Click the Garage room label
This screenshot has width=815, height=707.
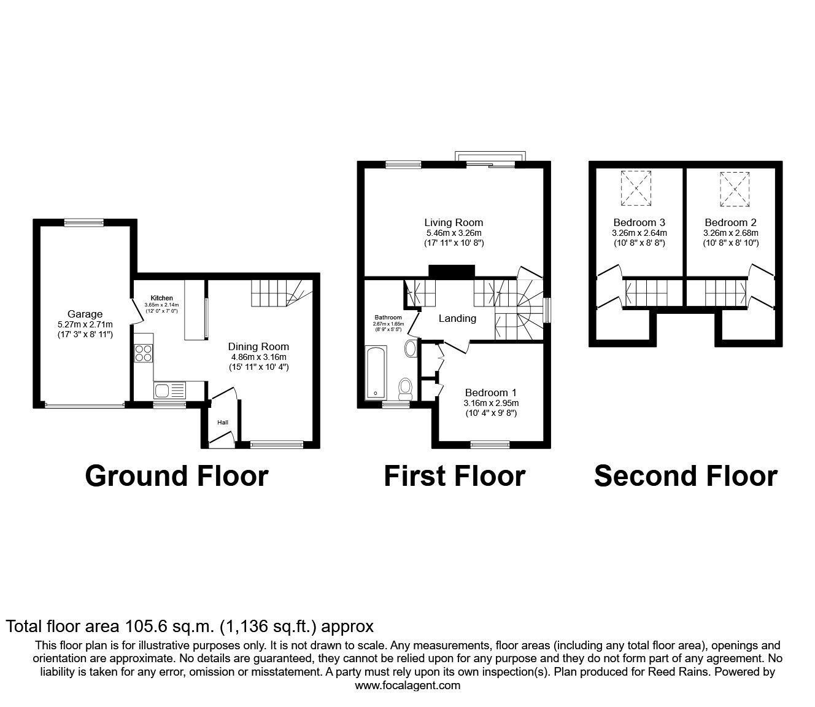point(85,314)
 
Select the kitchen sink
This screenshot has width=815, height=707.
point(163,390)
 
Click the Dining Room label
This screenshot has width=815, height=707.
point(258,346)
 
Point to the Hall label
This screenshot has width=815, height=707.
point(222,423)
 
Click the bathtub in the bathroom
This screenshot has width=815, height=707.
point(375,373)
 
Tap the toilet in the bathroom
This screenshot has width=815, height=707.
point(405,388)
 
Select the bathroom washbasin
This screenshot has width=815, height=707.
point(410,349)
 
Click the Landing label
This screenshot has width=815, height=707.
point(457,318)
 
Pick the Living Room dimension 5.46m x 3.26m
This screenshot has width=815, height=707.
point(454,233)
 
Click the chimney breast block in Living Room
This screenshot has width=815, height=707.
point(452,271)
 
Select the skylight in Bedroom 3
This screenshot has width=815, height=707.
point(636,187)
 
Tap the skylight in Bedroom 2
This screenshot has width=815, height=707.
point(735,187)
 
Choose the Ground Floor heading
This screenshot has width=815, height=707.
point(177,476)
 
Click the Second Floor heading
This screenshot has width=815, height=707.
point(686,476)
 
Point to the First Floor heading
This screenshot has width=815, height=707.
point(454,476)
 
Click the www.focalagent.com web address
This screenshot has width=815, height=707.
point(407,686)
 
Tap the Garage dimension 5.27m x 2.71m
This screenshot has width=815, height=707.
point(85,324)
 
